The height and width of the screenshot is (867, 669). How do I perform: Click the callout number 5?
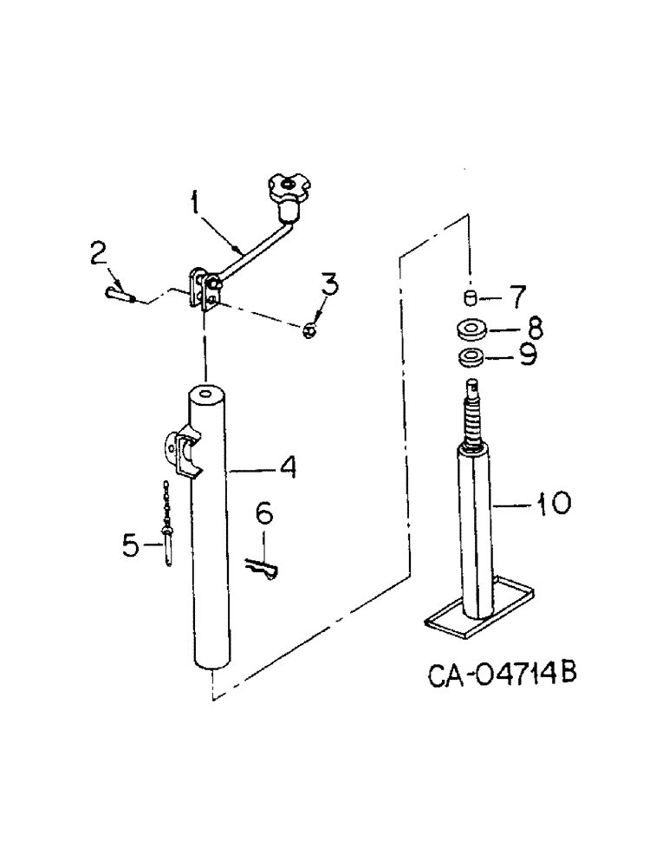[x=129, y=545]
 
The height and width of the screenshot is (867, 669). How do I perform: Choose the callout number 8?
[x=534, y=328]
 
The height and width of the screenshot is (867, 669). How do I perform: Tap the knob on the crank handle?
[x=289, y=192]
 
